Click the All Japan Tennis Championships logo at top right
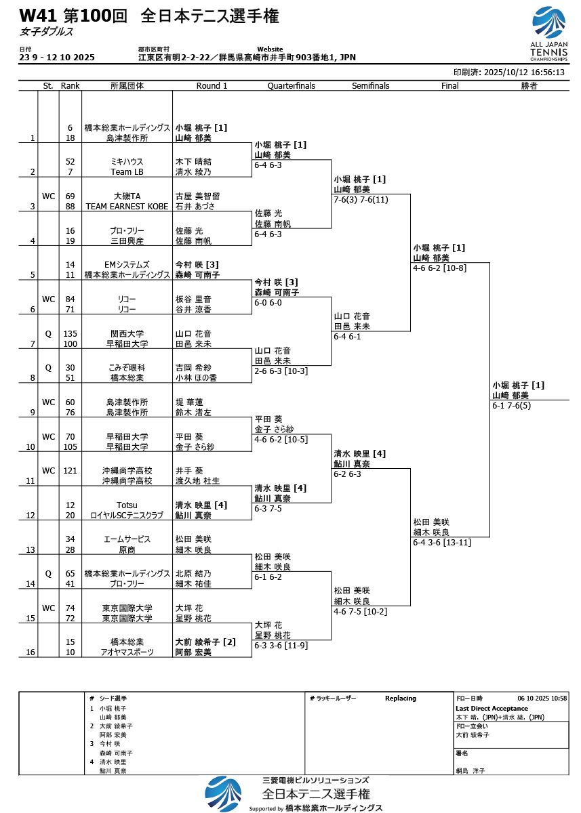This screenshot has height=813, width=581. (x=548, y=33)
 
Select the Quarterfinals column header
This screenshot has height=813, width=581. (x=292, y=86)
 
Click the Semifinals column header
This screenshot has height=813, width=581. (x=370, y=86)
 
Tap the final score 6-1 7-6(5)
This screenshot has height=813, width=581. (x=511, y=406)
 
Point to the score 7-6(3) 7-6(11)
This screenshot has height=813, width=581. (x=361, y=200)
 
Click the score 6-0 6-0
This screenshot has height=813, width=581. (x=268, y=303)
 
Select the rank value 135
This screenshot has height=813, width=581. (x=70, y=333)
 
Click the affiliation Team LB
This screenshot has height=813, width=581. (x=127, y=171)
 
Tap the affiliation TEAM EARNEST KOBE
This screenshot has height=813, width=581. (x=127, y=206)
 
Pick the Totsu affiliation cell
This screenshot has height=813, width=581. (x=127, y=505)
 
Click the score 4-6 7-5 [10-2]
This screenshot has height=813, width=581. (x=361, y=612)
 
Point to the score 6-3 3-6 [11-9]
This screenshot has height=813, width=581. (x=281, y=646)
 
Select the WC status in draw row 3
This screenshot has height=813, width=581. (x=48, y=196)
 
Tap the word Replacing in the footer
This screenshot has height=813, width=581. (x=401, y=699)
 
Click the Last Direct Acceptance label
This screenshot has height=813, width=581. (x=492, y=709)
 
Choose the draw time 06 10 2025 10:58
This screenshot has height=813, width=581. (x=542, y=699)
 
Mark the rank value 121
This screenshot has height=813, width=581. (x=70, y=471)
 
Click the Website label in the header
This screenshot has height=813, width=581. (x=270, y=49)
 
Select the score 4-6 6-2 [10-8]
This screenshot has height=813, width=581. (x=440, y=268)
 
